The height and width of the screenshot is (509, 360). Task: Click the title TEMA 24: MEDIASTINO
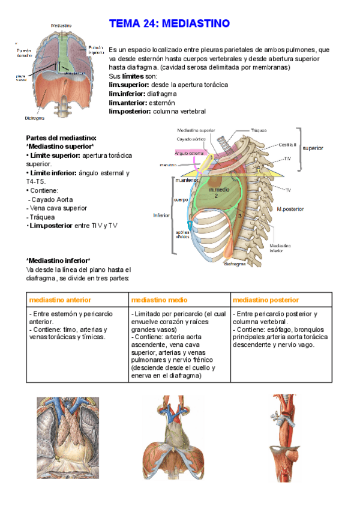click(169, 24)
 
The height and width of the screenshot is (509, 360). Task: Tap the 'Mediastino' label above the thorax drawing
click(62, 26)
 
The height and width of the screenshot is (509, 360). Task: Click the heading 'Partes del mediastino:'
click(61, 138)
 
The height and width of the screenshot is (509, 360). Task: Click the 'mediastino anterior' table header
click(57, 300)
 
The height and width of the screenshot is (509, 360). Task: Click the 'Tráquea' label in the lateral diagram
click(259, 130)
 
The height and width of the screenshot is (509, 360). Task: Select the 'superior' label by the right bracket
click(313, 148)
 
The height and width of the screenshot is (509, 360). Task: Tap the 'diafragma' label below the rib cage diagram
click(235, 263)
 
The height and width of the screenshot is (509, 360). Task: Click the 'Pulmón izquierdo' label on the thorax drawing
click(97, 49)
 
